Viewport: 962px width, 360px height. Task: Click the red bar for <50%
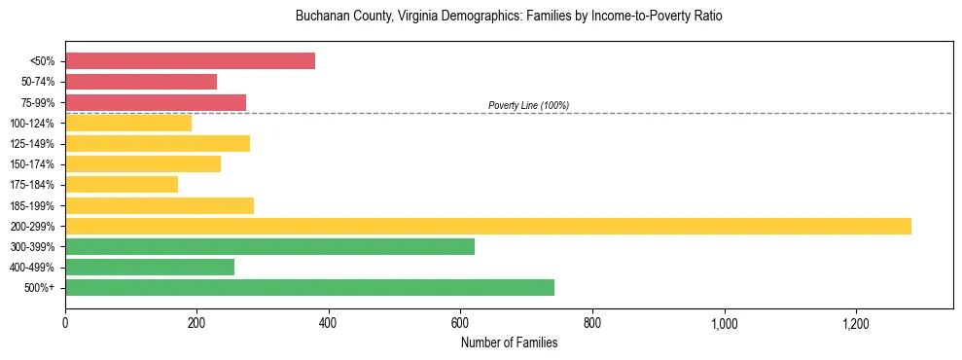click(190, 60)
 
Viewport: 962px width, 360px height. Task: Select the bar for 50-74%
click(141, 82)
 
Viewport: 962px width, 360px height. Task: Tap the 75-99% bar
click(156, 102)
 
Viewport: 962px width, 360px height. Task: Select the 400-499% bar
click(150, 267)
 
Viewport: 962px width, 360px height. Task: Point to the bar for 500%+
click(309, 287)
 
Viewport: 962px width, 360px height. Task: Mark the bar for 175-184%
click(122, 184)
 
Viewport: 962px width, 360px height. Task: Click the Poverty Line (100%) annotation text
click(528, 105)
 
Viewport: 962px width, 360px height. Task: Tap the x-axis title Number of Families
click(509, 342)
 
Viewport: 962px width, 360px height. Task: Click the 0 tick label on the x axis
click(65, 322)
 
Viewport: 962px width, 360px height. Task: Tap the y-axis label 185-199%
click(32, 205)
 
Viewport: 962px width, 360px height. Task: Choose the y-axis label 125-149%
click(32, 144)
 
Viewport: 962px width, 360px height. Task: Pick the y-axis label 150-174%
click(32, 164)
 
